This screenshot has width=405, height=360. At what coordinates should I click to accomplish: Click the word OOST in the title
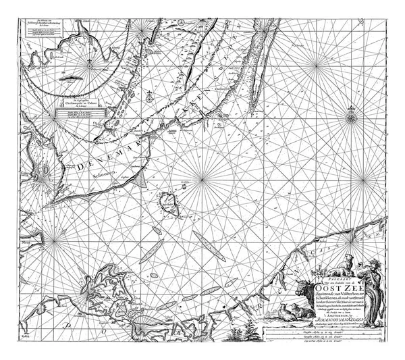point(323,284)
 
